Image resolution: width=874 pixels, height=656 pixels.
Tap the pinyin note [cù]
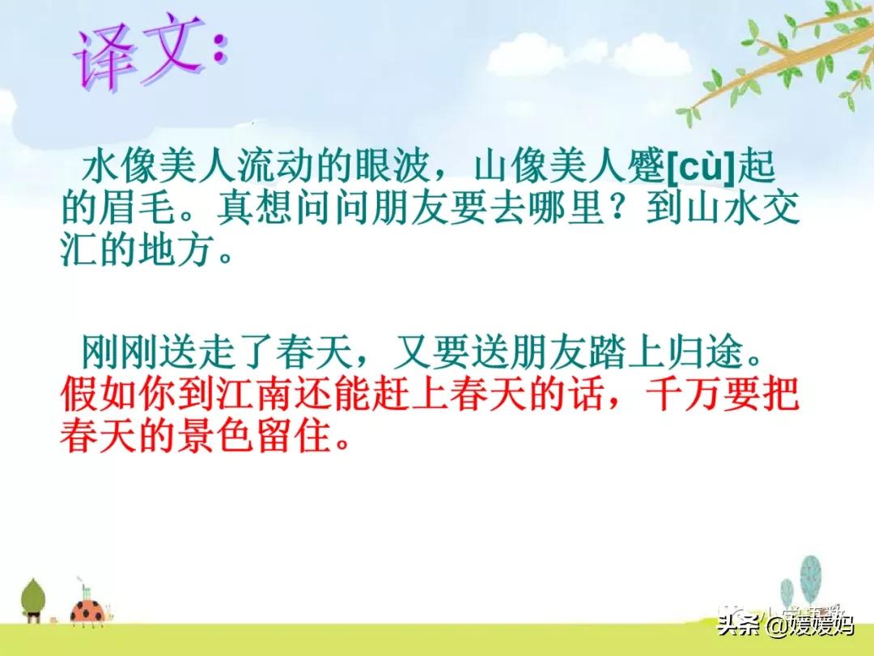702,167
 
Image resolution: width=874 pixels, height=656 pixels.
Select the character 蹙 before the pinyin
646,166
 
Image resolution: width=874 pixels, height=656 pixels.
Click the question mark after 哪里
624,208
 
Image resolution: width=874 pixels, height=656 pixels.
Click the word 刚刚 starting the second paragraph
120,352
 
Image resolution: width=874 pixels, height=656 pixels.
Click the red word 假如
98,394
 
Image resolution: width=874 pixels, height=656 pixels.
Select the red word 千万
683,394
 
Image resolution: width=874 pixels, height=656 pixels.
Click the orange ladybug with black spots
89,610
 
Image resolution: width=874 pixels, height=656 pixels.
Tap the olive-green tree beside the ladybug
33,600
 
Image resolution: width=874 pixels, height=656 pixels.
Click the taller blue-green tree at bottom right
810,580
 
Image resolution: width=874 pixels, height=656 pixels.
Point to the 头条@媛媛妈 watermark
785,624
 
